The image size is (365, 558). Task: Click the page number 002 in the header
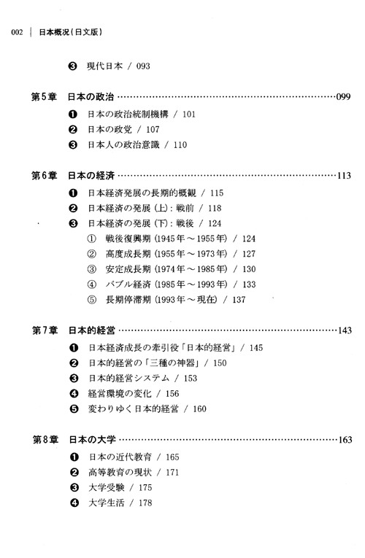point(17,32)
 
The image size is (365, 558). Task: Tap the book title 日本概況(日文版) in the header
point(71,32)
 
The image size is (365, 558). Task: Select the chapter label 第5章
point(44,97)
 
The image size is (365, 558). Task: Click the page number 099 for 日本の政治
point(343,97)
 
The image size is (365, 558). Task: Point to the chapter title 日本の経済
point(91,176)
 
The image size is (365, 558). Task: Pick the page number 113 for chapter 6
point(344,176)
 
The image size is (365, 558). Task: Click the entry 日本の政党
point(109,130)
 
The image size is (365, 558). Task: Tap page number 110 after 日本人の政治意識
point(180,145)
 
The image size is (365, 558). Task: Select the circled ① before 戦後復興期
point(92,239)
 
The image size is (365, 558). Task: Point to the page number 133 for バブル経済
point(249,284)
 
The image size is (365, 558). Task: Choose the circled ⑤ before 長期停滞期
point(92,300)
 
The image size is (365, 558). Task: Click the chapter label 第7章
point(45,330)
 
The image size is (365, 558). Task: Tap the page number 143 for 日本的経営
point(345,330)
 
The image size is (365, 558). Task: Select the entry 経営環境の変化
point(120,394)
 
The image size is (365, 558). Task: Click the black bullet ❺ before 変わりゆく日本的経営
point(74,409)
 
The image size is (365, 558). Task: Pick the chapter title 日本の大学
point(92,440)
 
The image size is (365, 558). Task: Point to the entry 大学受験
point(106,487)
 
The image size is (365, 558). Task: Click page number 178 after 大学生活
point(145,503)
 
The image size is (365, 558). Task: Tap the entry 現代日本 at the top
point(104,66)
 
